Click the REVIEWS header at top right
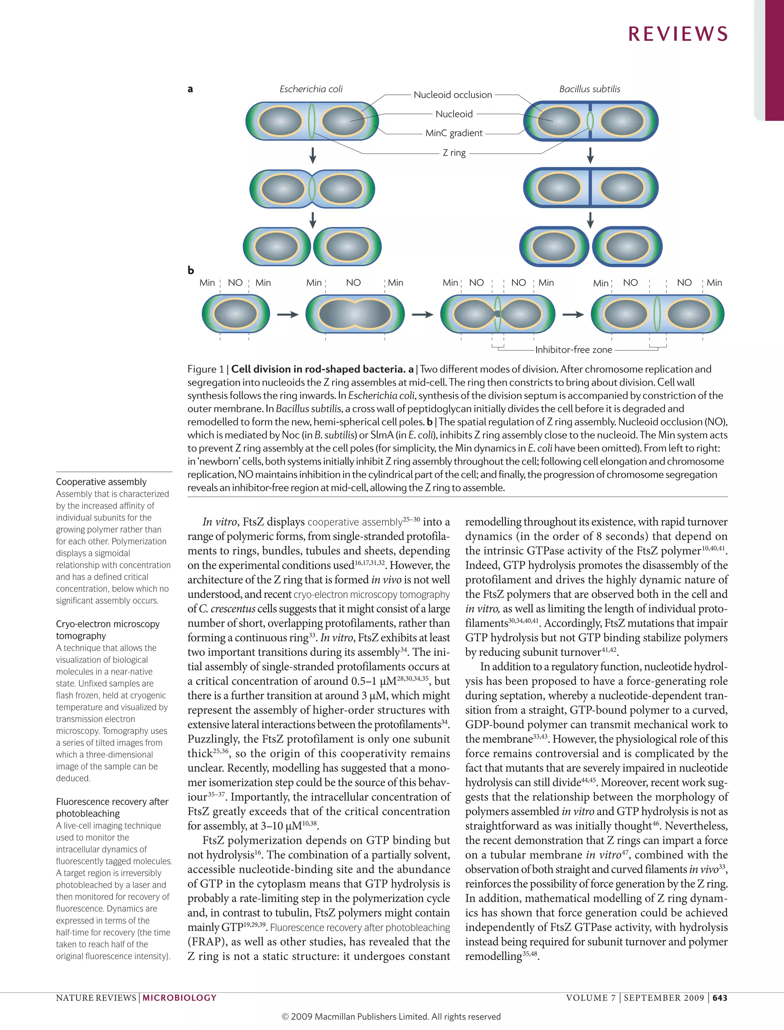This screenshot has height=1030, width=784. point(678,34)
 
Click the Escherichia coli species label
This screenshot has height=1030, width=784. point(311,89)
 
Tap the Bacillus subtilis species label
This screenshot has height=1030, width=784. point(590,89)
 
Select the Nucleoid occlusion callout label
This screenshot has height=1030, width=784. point(452,95)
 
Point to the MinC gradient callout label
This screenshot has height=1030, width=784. point(454,133)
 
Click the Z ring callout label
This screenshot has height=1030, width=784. point(454,153)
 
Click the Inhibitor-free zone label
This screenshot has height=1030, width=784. point(573,349)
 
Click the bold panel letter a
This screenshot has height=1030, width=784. point(190,89)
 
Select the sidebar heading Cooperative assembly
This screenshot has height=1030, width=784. point(101,481)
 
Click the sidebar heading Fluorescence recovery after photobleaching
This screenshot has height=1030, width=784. point(112,807)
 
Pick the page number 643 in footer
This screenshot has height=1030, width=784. point(720,998)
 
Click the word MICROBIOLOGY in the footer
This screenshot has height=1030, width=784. point(180,998)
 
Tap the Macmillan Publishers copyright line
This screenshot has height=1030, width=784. point(391,1017)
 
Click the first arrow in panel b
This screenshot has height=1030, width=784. point(287,315)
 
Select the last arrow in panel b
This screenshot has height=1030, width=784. point(573,315)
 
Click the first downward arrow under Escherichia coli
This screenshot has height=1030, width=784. point(313,155)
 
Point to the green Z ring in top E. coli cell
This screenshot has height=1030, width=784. point(312,121)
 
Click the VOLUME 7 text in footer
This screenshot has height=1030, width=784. point(590,998)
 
